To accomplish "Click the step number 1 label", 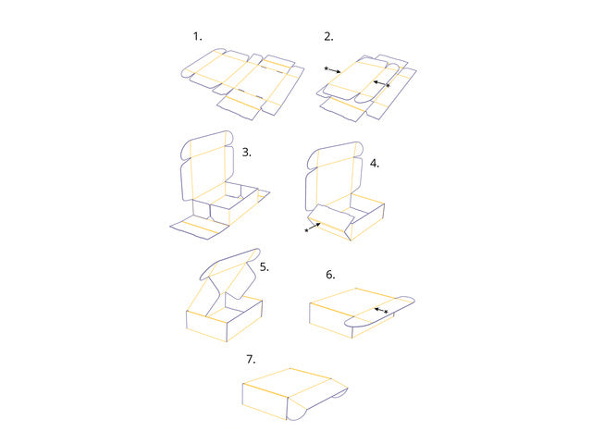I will pos(196,36).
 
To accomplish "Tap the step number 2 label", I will pos(328,37).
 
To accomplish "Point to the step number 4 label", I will pos(374,163).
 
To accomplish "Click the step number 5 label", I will pos(265,266).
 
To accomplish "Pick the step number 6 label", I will pos(330,275).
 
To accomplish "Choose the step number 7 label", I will pos(251,359).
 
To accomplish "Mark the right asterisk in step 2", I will pos(388,85).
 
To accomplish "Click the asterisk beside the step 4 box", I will pos(306,230).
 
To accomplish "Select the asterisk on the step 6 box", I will pos(386,313).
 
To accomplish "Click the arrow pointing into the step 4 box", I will pos(315,227).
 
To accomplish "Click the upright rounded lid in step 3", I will pos(207,166).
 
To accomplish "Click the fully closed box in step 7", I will pos(287,391).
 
